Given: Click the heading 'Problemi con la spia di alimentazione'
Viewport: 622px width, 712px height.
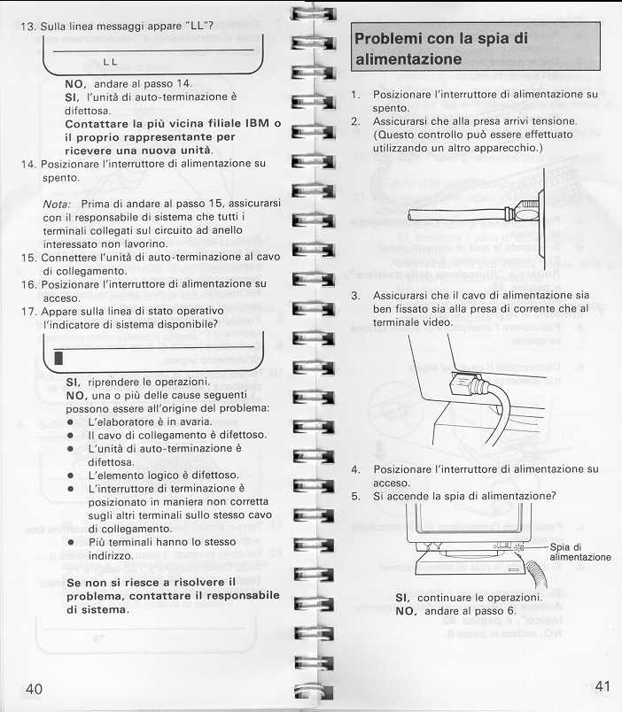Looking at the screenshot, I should tap(440, 49).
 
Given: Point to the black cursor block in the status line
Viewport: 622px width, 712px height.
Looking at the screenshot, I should tap(58, 358).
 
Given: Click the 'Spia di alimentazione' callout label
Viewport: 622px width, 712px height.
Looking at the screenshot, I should tap(579, 552).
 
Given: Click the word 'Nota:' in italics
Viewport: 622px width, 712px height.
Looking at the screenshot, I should tap(57, 204).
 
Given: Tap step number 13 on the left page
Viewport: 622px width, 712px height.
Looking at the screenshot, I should tap(26, 25).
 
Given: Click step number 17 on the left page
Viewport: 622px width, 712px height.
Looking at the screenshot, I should tap(27, 311).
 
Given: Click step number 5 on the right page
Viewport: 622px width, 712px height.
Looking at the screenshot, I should tap(355, 496).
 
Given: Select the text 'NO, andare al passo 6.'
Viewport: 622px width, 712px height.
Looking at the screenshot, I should tap(455, 611).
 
